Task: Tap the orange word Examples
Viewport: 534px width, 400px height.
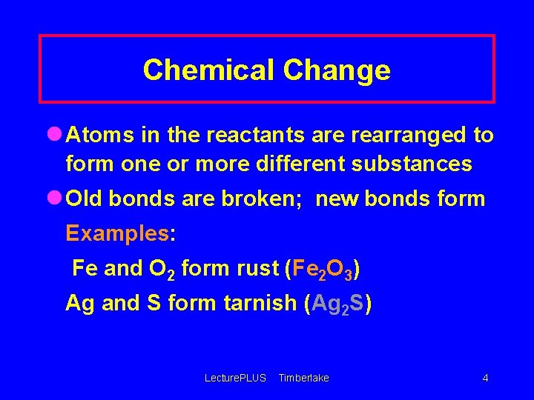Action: point(117,233)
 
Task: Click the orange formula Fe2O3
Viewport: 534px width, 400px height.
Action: point(322,269)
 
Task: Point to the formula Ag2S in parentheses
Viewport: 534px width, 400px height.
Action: point(338,304)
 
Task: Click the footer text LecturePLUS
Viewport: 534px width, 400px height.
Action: point(234,378)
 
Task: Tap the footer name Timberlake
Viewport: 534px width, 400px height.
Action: point(303,378)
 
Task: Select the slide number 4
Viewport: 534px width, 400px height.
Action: point(485,378)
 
